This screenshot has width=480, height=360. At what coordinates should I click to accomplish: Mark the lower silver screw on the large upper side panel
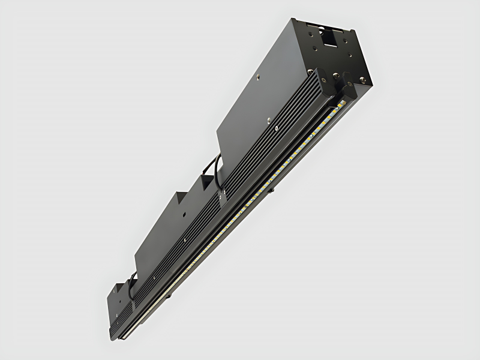tap(275, 128)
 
